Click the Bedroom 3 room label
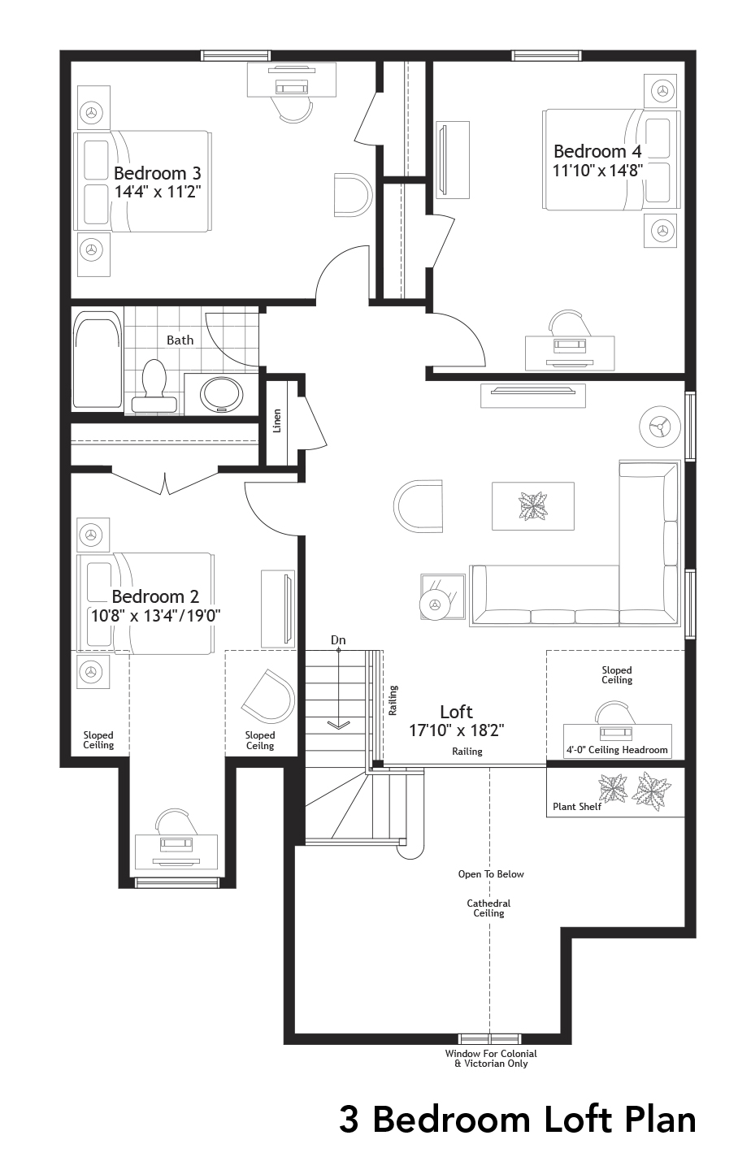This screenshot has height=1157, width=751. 157,173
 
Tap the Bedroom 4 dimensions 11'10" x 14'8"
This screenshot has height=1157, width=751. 597,171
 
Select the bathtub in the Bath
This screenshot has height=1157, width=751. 97,362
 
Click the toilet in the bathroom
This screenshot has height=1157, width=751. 154,386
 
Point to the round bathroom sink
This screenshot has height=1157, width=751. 221,394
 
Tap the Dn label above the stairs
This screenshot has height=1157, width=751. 338,640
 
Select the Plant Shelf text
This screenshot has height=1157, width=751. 577,807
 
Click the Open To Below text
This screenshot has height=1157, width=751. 491,874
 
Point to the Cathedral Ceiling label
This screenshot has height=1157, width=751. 488,908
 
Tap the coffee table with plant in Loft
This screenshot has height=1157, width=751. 533,506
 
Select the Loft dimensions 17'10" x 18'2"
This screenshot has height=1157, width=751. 456,730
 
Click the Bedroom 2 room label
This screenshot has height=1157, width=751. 155,596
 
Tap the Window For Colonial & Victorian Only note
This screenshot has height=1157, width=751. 491,1058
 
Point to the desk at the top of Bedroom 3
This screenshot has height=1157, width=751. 292,84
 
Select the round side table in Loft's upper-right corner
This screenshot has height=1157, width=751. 660,425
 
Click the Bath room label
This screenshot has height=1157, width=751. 180,340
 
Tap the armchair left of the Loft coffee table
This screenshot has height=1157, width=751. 419,505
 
